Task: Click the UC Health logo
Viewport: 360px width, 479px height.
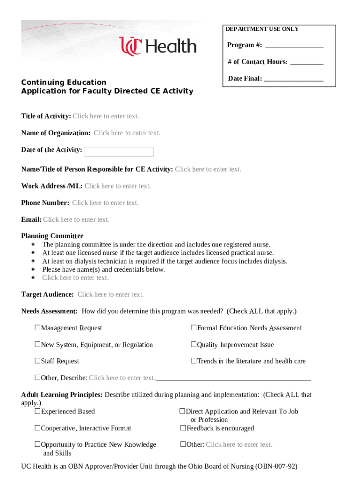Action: tap(158, 46)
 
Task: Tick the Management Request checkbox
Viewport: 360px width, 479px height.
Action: tap(37, 328)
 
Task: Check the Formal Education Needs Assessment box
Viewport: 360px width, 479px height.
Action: tap(193, 328)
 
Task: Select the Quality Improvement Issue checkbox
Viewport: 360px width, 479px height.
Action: tap(193, 345)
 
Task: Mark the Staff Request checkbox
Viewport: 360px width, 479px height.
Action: tap(37, 362)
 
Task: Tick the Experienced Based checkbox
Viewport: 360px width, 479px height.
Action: tap(37, 412)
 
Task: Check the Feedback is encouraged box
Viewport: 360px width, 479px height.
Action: tap(183, 428)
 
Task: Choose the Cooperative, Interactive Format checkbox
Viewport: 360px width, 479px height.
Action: tap(37, 428)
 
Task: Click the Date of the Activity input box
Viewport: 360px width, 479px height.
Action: tap(119, 152)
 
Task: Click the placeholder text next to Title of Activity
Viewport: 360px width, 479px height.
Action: tap(106, 116)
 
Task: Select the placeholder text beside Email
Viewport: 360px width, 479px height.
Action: tap(76, 220)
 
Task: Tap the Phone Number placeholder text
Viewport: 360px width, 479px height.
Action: tap(105, 203)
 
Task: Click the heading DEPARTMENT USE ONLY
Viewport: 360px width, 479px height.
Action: tap(262, 29)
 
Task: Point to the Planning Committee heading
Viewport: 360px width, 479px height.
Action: tap(52, 236)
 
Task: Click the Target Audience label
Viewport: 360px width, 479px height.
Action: tap(47, 295)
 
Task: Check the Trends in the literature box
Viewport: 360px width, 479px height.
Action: tap(193, 362)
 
